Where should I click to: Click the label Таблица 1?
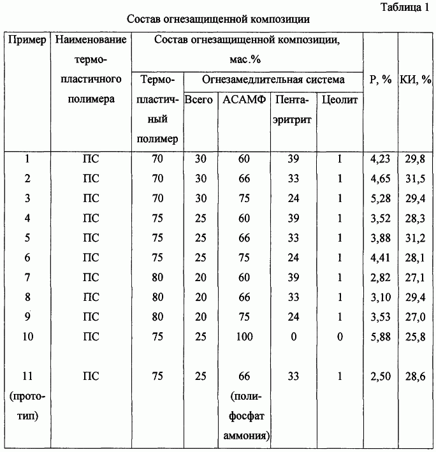point(405,8)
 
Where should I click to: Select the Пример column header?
point(27,40)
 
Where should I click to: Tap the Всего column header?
point(199,100)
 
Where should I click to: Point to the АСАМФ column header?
point(243,100)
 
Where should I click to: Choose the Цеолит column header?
point(340,100)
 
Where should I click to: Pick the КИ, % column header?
point(415,80)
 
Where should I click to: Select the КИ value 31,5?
point(415,179)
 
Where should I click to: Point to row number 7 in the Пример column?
point(27,278)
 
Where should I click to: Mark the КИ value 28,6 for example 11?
point(415,377)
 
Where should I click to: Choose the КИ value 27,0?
point(415,317)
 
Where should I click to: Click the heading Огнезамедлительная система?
point(273,80)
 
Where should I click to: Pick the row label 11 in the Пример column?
point(27,377)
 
